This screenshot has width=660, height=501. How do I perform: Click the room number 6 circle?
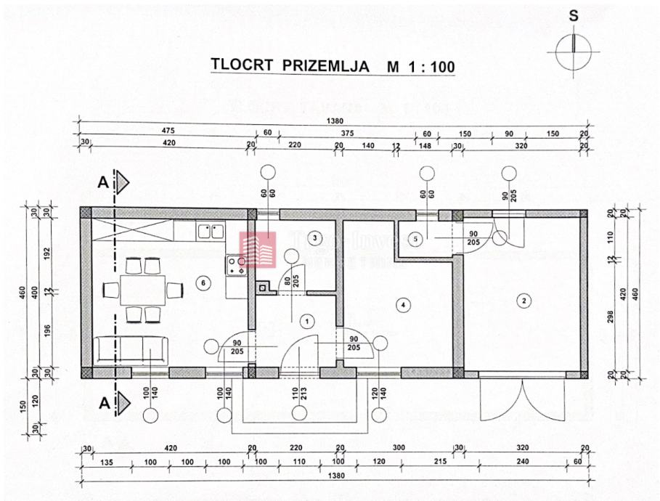click(203, 282)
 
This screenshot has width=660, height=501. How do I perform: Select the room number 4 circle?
click(402, 305)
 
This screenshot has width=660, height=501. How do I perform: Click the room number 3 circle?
click(314, 237)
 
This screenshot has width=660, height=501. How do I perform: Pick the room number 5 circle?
click(415, 238)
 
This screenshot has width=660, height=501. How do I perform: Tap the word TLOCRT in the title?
click(242, 65)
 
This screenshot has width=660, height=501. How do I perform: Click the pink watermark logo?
click(258, 250)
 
